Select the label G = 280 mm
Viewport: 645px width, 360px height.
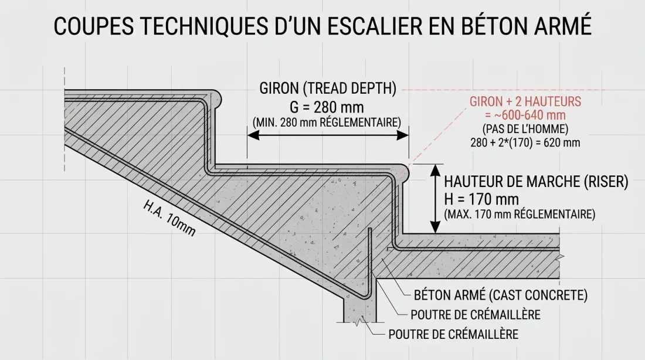click(327, 108)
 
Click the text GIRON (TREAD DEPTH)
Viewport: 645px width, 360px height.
click(328, 89)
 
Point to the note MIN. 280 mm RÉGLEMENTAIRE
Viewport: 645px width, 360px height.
click(327, 123)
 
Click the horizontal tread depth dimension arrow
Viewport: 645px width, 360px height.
click(327, 135)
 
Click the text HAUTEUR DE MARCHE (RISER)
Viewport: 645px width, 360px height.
click(536, 182)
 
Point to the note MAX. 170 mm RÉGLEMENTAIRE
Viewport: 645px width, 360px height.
click(520, 215)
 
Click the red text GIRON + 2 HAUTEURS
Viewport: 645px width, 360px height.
click(525, 101)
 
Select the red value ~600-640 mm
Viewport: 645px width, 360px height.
click(525, 115)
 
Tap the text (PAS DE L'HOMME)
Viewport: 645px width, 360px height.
click(525, 128)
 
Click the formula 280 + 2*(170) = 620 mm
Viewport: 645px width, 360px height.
click(525, 142)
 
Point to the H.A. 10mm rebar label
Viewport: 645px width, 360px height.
click(169, 219)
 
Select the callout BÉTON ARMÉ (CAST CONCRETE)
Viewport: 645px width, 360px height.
click(501, 294)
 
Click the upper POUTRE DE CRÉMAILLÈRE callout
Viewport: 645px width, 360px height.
click(476, 315)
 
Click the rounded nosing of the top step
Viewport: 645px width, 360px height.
click(216, 97)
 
